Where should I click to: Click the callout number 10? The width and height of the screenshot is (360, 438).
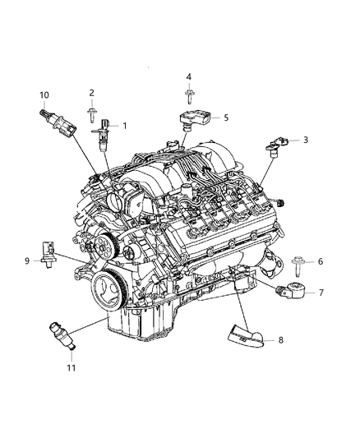(44, 95)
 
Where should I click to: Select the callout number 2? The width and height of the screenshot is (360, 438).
(91, 93)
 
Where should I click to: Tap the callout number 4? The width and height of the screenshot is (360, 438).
(189, 76)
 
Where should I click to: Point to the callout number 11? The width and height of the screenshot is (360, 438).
(72, 367)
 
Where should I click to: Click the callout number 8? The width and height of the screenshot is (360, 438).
(280, 339)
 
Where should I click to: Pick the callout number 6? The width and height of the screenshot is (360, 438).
(321, 261)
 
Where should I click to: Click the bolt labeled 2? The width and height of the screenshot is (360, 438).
(91, 115)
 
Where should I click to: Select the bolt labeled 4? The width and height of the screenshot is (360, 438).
(189, 98)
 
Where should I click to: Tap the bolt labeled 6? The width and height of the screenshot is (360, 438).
(298, 266)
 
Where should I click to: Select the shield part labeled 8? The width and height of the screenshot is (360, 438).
(246, 334)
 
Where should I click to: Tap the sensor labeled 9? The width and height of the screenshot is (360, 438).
(48, 254)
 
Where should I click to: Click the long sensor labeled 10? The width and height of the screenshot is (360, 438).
(58, 123)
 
